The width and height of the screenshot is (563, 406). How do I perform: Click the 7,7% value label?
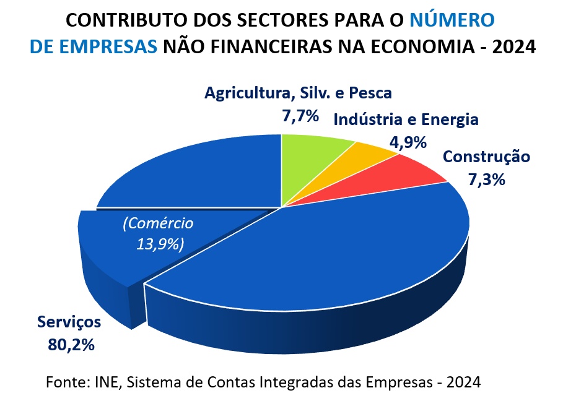300,116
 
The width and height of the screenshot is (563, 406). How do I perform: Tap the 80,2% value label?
71,344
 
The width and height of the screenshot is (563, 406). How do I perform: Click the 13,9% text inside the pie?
160,243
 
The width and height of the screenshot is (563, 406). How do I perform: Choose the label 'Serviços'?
69,322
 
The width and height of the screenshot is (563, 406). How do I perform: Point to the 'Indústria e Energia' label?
406,119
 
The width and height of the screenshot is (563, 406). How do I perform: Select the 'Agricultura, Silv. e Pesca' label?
298,93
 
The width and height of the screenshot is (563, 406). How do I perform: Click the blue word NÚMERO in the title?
452,20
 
